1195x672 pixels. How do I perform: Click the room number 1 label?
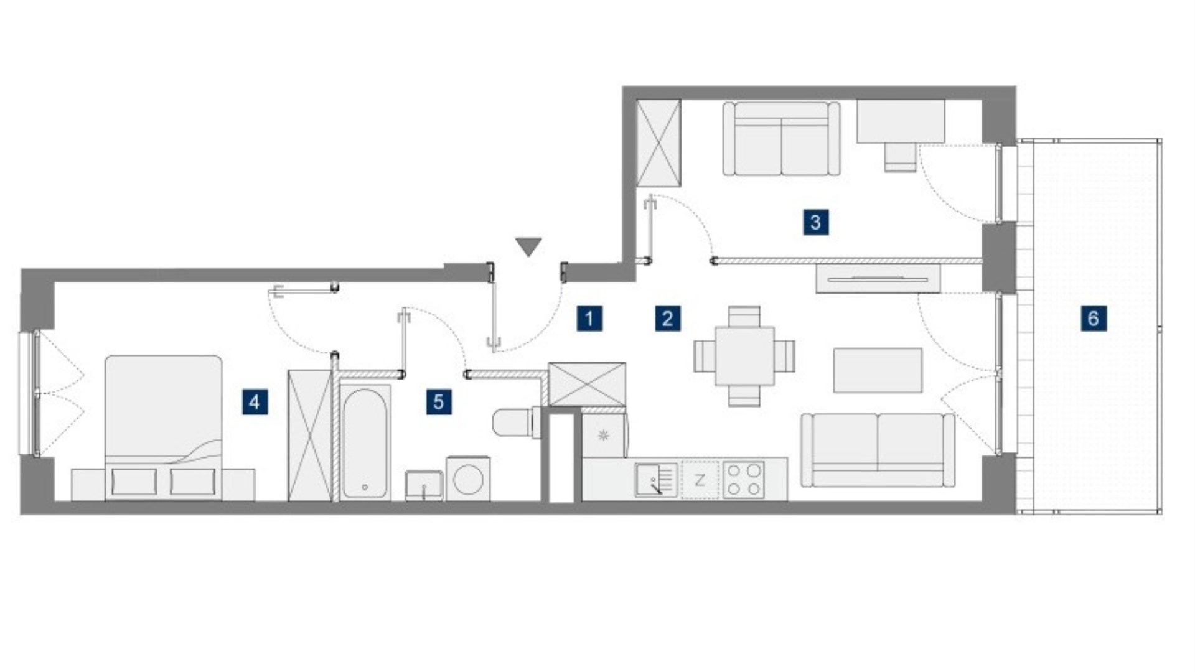point(589,319)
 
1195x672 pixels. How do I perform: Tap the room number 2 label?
point(667,319)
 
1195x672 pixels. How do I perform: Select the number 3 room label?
point(815,222)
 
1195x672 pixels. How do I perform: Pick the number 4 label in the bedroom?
point(255,402)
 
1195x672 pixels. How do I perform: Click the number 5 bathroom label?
point(439,402)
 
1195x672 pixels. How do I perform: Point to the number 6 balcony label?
point(1094,319)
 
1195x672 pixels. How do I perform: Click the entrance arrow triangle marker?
point(528,246)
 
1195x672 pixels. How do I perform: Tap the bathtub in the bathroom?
point(365,442)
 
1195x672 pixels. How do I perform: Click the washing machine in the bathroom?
point(467,478)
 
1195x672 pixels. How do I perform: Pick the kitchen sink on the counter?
point(657,479)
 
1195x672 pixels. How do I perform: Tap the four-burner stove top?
point(744,479)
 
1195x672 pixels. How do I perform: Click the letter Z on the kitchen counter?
point(700,480)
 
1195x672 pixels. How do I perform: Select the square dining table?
point(744,356)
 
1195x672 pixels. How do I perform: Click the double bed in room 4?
point(163,427)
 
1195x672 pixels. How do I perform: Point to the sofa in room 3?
point(781,139)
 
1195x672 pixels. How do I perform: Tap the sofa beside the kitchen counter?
point(878,450)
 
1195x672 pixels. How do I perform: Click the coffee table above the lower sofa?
point(878,370)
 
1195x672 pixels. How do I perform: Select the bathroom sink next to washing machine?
point(424,485)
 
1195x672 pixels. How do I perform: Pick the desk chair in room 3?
point(901,157)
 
